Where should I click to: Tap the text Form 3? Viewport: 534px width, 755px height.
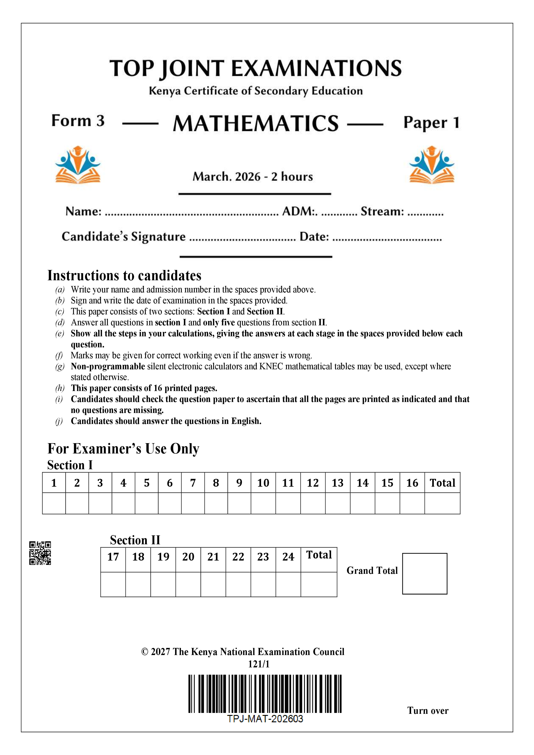(x=78, y=121)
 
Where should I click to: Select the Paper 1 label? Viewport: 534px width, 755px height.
(x=431, y=123)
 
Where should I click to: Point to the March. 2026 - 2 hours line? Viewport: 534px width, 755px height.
(x=253, y=176)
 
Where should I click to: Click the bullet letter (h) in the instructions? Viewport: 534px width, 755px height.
(x=60, y=388)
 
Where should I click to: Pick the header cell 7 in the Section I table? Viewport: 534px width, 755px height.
(x=193, y=483)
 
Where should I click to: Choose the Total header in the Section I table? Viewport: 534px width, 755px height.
(x=442, y=483)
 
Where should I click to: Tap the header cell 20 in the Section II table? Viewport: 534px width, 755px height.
(x=188, y=557)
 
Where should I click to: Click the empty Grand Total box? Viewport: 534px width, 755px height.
(x=424, y=574)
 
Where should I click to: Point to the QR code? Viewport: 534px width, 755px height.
(x=40, y=553)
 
